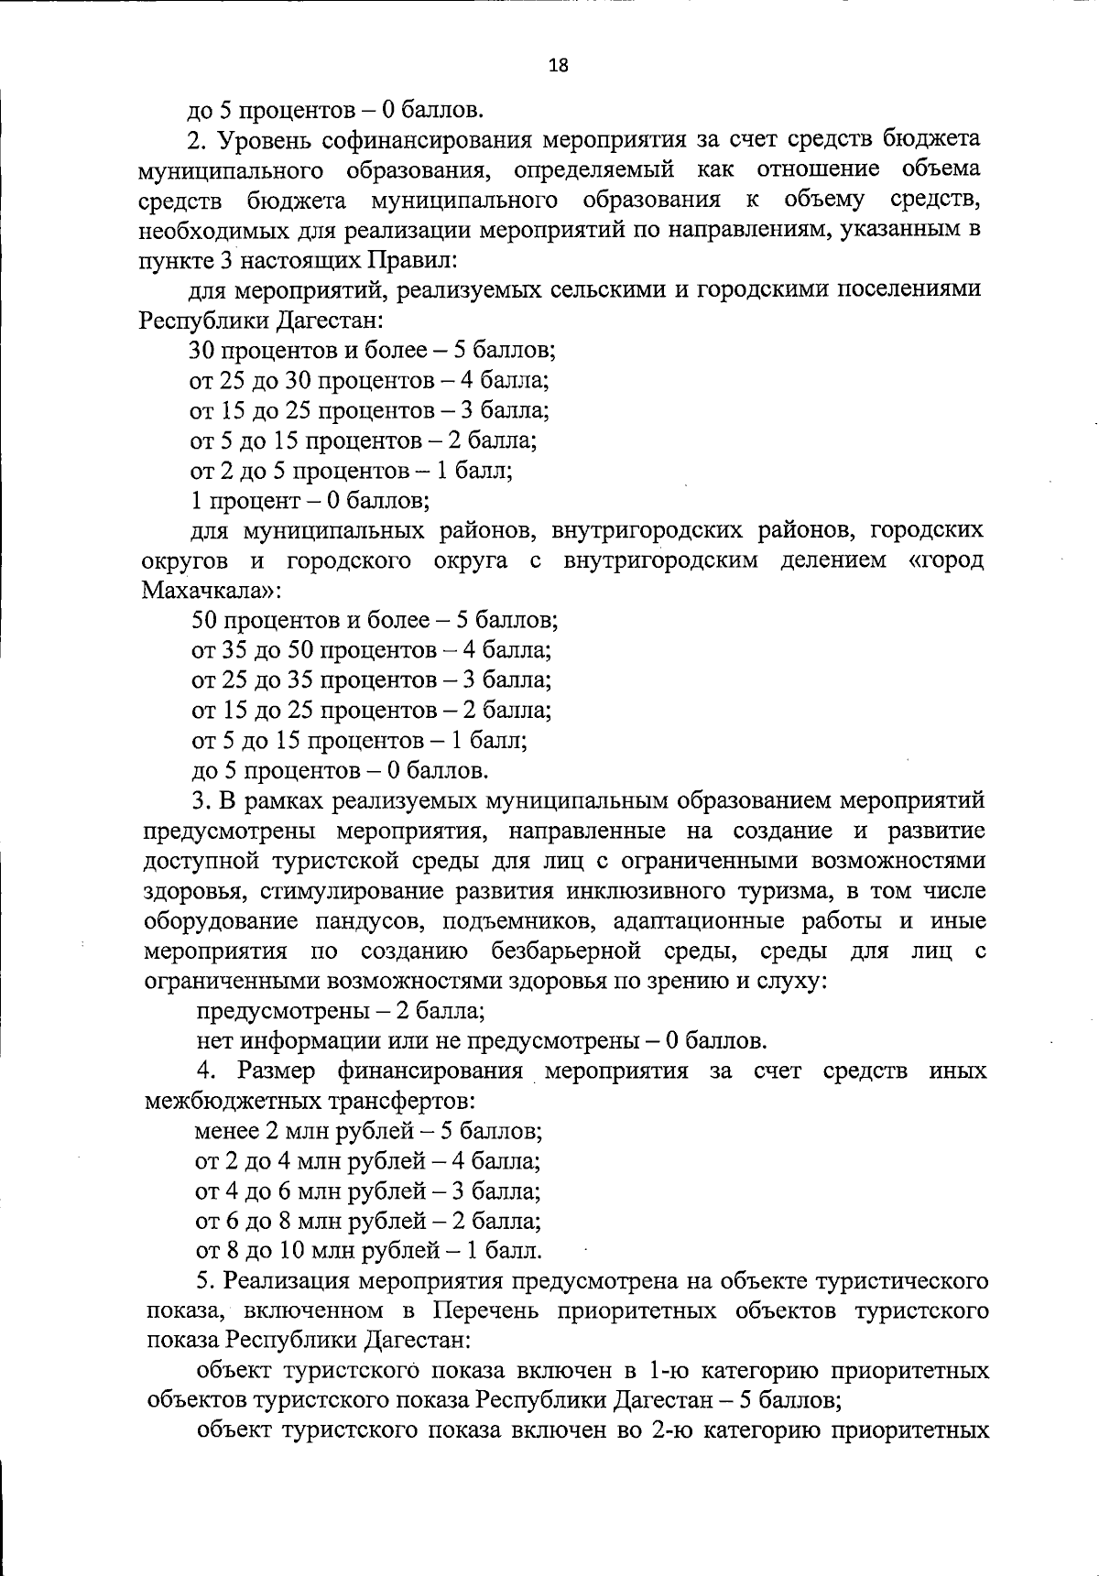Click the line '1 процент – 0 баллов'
coord(310,501)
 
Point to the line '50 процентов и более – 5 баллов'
coord(375,621)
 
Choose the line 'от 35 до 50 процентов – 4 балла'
coord(371,651)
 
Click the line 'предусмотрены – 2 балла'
coord(341,1012)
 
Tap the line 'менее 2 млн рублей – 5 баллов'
coord(369,1132)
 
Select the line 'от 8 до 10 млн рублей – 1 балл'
coord(368,1252)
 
